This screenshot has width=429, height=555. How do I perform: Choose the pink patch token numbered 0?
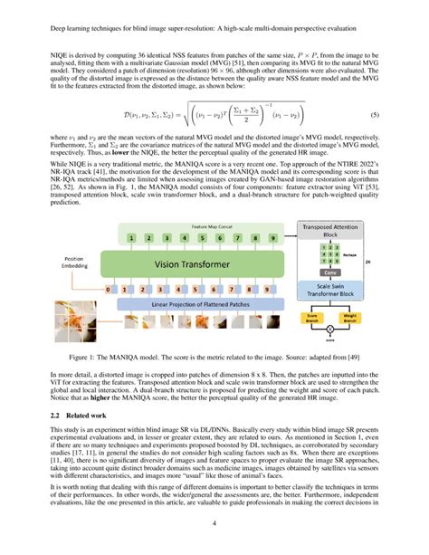pos(110,290)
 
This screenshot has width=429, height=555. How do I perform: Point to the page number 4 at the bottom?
pos(214,524)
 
